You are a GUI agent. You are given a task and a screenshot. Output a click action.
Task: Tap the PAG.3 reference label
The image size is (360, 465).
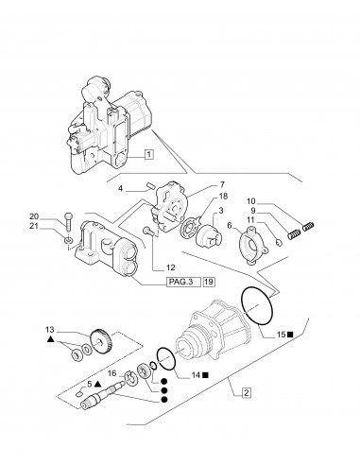click(x=153, y=280)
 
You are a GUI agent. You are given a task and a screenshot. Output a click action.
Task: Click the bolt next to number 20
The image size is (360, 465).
click(x=69, y=225)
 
